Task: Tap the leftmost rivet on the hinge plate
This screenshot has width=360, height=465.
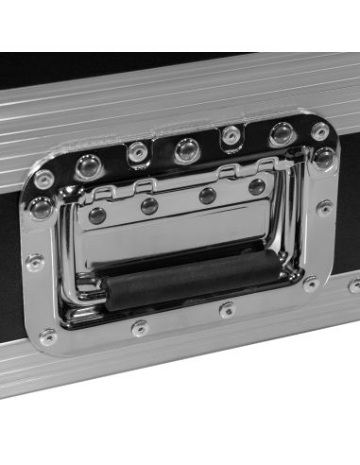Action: [x=96, y=215]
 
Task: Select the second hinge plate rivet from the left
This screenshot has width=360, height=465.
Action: [x=149, y=206]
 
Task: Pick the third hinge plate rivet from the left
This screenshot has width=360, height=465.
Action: [x=207, y=197]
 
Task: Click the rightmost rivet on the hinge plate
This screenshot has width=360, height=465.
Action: [x=256, y=187]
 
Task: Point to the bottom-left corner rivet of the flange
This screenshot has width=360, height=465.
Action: [x=48, y=336]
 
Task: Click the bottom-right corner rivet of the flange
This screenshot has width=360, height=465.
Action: [x=311, y=284]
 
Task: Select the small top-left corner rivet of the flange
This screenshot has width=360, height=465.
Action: [x=43, y=179]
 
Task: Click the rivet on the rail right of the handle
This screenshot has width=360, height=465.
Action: [x=354, y=284]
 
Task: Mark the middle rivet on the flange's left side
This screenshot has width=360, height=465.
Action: [x=35, y=262]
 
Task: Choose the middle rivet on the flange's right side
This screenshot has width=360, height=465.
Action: [x=324, y=208]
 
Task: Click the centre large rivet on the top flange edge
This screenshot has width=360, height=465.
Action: [x=186, y=149]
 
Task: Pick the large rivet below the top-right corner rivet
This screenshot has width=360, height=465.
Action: [x=323, y=158]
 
